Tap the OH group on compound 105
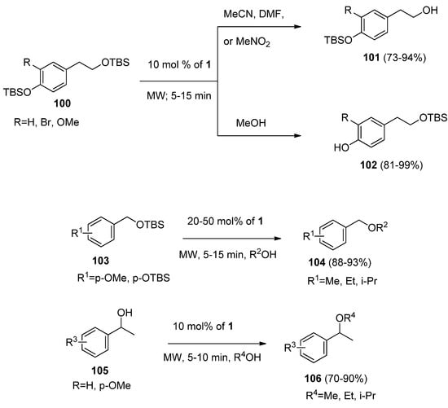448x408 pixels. point(77,321)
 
